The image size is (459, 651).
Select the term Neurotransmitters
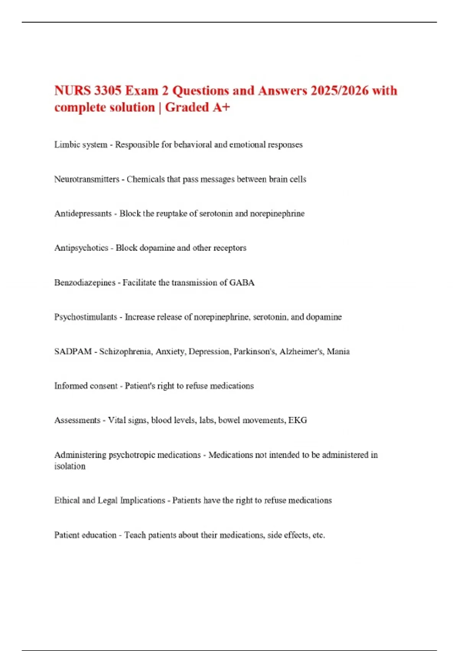(86, 179)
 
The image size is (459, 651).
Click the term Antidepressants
(83, 214)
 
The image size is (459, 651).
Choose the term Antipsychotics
(81, 248)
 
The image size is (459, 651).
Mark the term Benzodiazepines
(85, 283)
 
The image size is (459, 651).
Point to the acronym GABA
(242, 283)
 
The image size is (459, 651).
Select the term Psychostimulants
(86, 317)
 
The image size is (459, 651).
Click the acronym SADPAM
(73, 352)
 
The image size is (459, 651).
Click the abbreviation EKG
(298, 420)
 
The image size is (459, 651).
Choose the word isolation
(70, 466)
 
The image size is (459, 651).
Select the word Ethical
(67, 501)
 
